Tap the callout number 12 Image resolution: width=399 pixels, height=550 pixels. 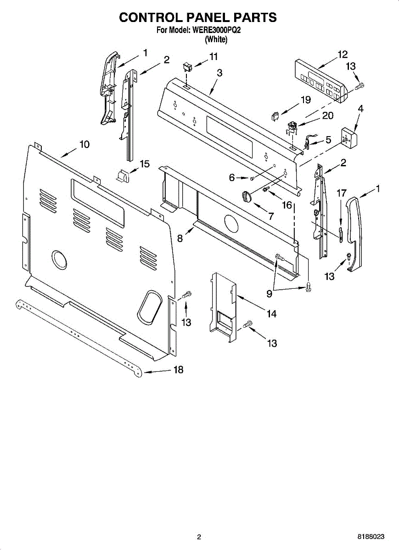point(343,55)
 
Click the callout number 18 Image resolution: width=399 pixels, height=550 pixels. point(178,370)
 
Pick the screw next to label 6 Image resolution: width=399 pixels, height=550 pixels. point(252,178)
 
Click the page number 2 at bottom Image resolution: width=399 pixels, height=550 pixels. point(199,537)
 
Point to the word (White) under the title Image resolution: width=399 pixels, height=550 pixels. point(216,39)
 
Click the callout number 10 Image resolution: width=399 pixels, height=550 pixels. point(84,144)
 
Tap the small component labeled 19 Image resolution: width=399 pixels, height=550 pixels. point(276,116)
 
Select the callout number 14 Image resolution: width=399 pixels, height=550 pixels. point(272,313)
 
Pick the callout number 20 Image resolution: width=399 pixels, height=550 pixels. point(327,115)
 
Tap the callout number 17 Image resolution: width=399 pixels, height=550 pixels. point(341,193)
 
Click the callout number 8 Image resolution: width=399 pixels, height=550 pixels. point(180,238)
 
